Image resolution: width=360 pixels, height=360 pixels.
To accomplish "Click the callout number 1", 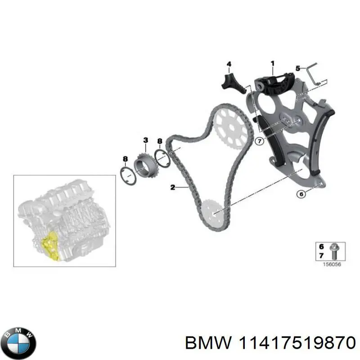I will pyautogui.click(x=272, y=63).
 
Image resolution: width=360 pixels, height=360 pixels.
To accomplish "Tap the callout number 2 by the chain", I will pyautogui.click(x=172, y=187).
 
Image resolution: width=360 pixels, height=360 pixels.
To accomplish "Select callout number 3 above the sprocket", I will pyautogui.click(x=145, y=140).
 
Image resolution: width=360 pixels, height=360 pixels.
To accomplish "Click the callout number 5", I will pyautogui.click(x=297, y=68).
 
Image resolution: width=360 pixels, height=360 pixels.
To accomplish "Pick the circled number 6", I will pyautogui.click(x=301, y=194).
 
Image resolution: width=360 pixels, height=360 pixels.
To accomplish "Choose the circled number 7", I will pyautogui.click(x=259, y=142).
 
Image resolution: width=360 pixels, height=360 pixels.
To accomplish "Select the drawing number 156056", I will pyautogui.click(x=331, y=264).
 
